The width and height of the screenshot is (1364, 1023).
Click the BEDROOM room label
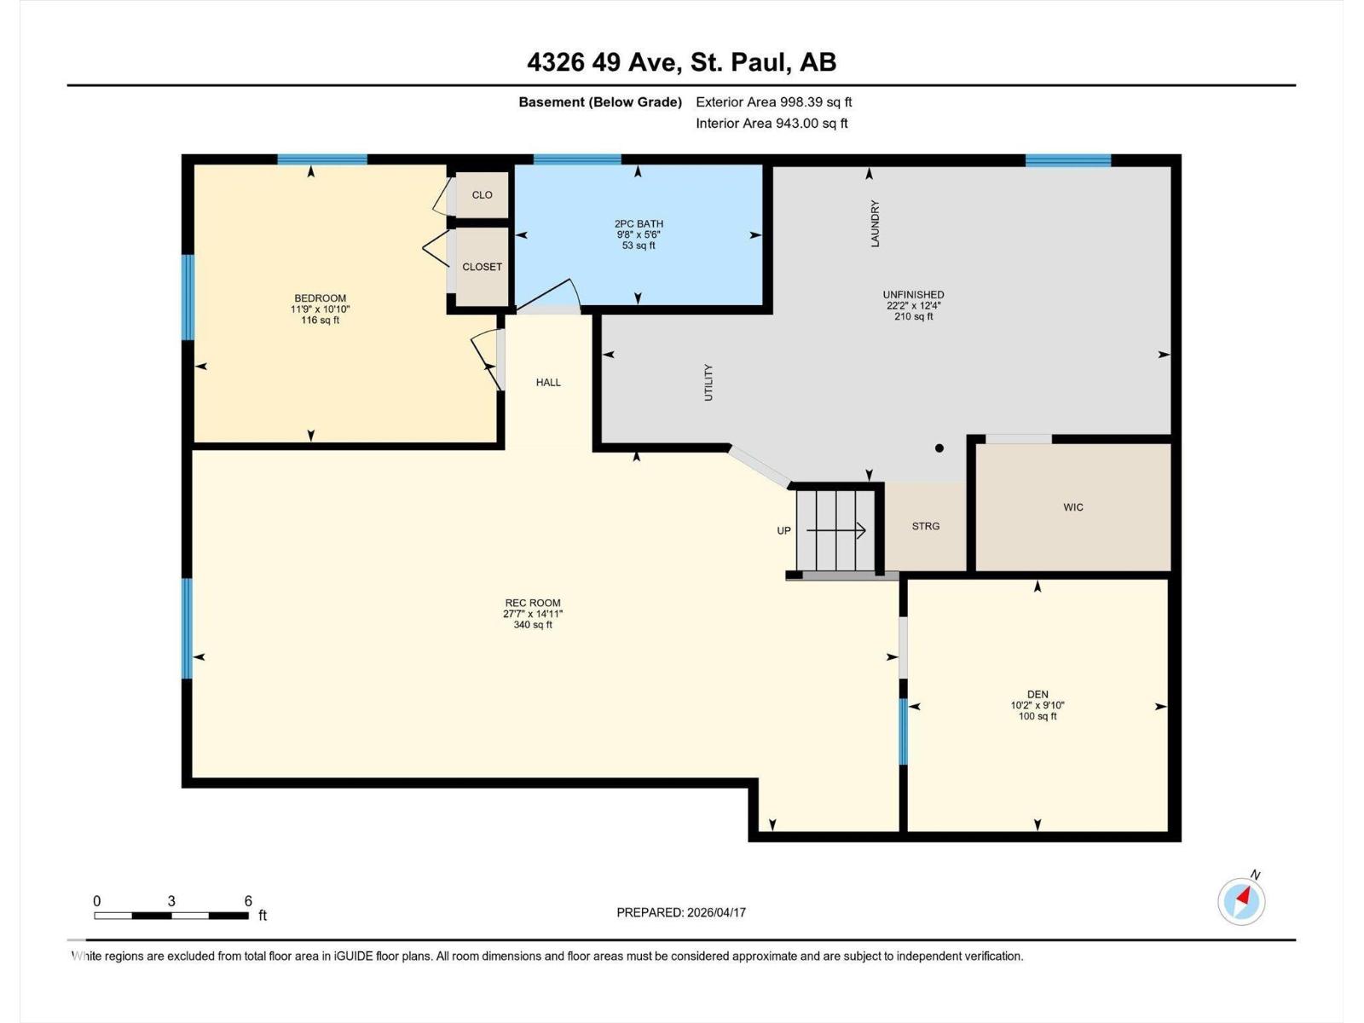(320, 298)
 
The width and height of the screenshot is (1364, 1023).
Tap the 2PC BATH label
(639, 223)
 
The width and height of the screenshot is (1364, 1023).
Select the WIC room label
(1073, 507)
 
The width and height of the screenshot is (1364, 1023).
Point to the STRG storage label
(925, 526)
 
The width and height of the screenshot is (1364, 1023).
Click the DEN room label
(1037, 695)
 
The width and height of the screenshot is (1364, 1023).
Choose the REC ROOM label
(533, 603)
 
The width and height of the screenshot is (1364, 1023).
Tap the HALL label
(548, 383)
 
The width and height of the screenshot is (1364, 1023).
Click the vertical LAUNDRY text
(875, 223)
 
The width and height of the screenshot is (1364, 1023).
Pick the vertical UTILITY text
(708, 383)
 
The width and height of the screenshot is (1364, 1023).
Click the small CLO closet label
(483, 195)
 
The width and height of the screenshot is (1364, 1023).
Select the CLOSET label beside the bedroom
(483, 267)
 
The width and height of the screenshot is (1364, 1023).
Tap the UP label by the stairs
(784, 530)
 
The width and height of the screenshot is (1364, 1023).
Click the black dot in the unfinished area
(939, 448)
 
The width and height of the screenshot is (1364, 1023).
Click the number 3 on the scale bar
(171, 900)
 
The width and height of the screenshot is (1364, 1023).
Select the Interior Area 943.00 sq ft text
(772, 123)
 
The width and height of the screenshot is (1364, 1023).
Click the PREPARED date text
(681, 912)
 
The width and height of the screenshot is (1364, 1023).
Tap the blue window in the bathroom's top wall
(577, 159)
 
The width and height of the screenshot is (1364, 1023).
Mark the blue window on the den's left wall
(904, 731)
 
